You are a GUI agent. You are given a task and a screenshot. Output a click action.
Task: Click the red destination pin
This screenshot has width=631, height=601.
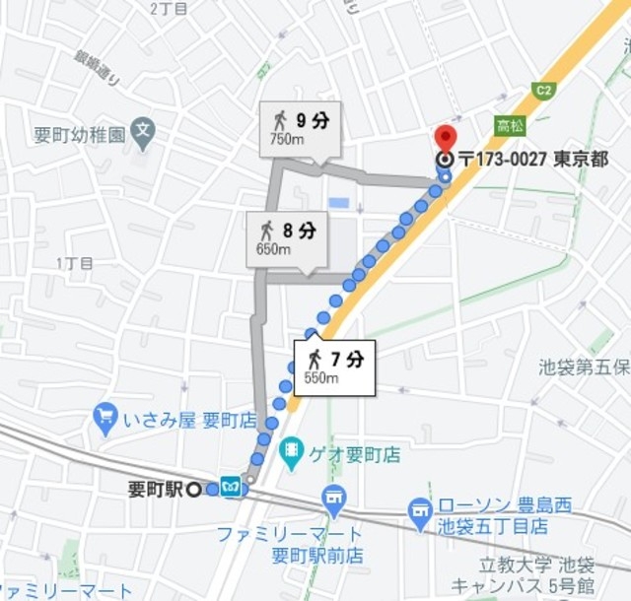(446, 138)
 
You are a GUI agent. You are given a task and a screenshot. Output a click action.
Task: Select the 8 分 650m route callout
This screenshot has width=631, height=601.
(287, 237)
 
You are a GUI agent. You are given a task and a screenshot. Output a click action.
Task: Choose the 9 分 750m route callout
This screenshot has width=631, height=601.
(300, 128)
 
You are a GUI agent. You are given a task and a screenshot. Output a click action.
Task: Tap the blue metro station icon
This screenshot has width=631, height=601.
(231, 488)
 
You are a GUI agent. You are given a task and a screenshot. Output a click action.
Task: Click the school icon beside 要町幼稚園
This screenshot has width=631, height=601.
(144, 129)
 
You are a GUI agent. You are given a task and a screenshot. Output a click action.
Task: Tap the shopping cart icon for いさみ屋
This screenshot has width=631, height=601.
(105, 418)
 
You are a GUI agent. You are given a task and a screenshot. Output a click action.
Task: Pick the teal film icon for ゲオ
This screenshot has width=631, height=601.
(292, 453)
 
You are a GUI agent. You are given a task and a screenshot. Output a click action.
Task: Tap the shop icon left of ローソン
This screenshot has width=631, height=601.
(421, 511)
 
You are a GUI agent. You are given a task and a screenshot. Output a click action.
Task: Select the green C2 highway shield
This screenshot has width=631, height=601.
(540, 91)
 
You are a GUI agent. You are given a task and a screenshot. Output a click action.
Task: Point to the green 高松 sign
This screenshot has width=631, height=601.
(510, 126)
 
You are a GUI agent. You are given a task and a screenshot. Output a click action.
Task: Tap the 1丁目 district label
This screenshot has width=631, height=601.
(75, 263)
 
